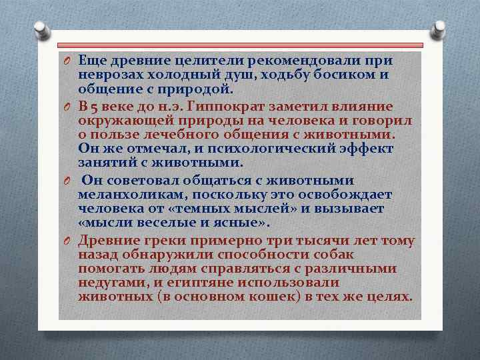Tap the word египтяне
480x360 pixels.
coord(200,283)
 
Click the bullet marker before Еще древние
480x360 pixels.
coord(67,61)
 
